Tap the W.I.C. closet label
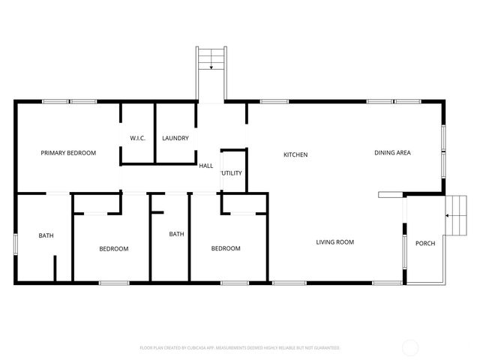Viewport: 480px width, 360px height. pos(137,139)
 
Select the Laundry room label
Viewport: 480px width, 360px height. pos(175,139)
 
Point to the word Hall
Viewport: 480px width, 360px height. pos(205,166)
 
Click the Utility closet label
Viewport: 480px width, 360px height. pos(232,173)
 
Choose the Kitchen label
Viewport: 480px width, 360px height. pos(295,155)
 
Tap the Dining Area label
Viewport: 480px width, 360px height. pos(392,153)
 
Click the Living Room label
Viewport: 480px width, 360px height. pos(334,242)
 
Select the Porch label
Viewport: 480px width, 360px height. pos(425,243)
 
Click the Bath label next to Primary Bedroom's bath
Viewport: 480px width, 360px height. pos(46,236)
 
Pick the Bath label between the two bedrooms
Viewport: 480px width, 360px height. pos(176,234)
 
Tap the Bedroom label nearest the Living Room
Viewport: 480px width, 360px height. pos(225,249)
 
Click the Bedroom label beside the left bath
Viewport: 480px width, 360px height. pos(114,249)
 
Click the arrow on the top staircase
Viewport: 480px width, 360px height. pos(211,67)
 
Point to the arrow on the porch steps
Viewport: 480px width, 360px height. pos(448,216)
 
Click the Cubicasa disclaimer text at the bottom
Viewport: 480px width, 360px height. pos(240,348)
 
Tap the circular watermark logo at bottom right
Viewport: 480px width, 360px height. pos(411,347)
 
